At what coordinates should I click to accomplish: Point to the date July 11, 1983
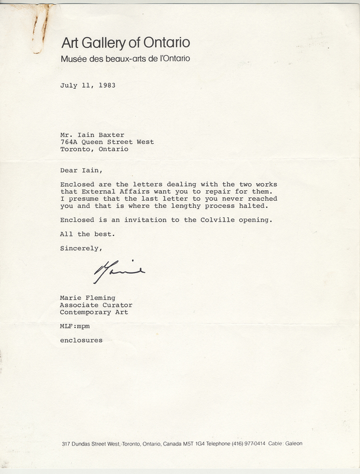[88, 85]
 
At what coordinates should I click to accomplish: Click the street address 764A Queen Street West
[107, 142]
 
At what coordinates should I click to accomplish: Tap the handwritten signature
[119, 273]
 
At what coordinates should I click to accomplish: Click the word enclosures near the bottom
[81, 341]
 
